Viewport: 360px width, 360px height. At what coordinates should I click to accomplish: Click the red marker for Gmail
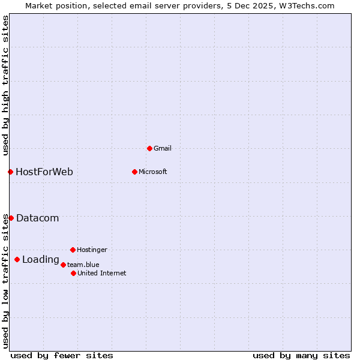[149, 148]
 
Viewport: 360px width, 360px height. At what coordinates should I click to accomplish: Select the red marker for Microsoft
[134, 172]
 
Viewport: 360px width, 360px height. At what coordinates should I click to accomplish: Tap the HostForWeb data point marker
[10, 172]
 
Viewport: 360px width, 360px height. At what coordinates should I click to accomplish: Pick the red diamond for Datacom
[11, 218]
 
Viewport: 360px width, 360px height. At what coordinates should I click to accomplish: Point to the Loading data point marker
[17, 259]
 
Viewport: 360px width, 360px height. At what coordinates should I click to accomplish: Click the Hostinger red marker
[73, 250]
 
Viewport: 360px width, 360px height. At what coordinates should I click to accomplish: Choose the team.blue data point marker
[63, 265]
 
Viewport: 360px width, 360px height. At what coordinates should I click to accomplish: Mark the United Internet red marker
[73, 273]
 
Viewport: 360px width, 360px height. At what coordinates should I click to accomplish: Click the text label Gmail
[163, 148]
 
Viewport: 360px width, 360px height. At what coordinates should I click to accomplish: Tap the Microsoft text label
[152, 172]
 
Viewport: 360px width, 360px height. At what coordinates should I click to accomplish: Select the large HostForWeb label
[44, 172]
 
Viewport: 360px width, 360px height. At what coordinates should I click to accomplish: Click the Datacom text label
[37, 218]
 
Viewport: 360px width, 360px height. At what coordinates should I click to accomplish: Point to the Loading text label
[40, 260]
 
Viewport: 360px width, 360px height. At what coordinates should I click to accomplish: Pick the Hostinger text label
[92, 250]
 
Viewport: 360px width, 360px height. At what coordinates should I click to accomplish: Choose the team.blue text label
[83, 265]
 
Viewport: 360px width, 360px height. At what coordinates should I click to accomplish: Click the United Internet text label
[101, 273]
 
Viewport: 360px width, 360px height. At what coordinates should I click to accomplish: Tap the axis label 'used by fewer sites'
[62, 355]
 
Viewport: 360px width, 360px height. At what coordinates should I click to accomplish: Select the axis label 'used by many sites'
[301, 355]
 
